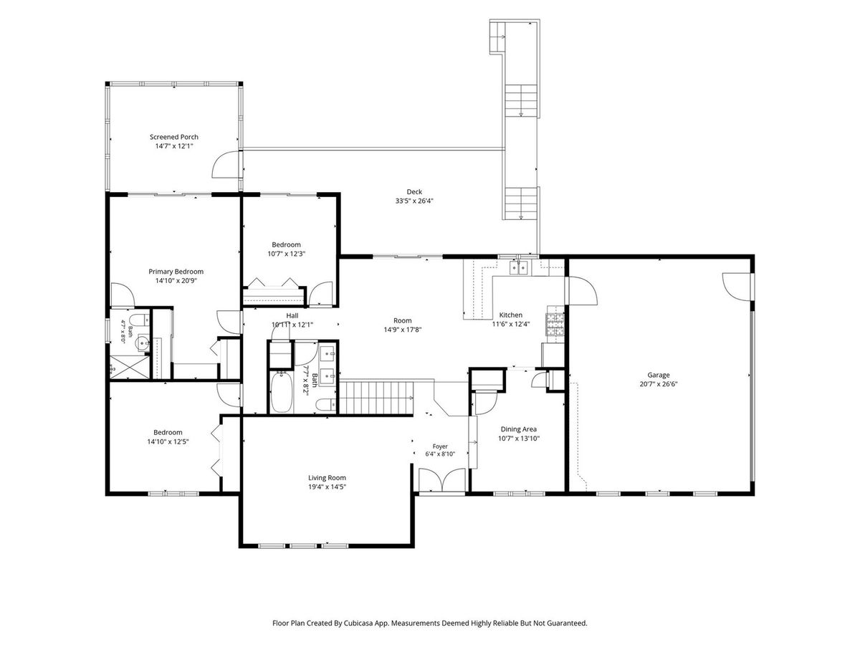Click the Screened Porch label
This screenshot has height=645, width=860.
174,137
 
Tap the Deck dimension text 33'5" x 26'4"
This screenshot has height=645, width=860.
414,201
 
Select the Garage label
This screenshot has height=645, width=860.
658,375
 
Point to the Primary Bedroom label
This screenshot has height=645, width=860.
176,272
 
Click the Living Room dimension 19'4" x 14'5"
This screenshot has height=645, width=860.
327,487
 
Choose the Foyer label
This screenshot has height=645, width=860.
440,446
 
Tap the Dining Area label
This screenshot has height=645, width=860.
519,429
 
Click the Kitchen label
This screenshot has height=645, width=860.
511,315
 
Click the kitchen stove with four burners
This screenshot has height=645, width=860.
555,325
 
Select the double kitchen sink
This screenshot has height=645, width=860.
519,268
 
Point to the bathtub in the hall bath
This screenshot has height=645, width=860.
282,391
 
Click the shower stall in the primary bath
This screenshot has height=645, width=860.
130,368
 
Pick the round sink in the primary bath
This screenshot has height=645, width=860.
141,344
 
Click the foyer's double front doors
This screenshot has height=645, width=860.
442,479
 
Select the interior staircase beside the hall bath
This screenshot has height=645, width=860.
376,398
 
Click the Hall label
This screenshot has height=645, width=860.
292,315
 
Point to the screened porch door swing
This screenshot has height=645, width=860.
226,165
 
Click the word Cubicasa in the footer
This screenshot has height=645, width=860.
358,623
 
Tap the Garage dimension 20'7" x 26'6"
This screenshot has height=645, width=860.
659,384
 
